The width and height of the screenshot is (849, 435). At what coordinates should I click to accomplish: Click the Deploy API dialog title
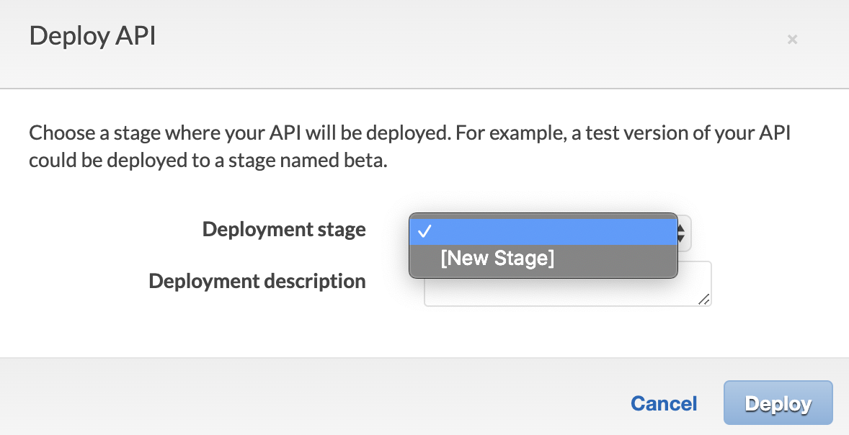tap(92, 36)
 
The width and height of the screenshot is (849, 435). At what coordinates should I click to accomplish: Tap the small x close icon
tap(792, 40)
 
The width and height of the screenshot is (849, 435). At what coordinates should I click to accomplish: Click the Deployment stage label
tap(284, 230)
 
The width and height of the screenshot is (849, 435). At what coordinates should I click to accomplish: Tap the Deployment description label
tap(257, 281)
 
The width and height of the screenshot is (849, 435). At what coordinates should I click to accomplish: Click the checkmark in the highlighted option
tap(424, 231)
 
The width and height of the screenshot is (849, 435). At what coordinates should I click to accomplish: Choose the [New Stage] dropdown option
tap(497, 259)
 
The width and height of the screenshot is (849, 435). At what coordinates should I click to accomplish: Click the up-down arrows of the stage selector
tap(681, 233)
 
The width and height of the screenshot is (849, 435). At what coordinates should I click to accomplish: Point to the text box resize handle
tap(704, 300)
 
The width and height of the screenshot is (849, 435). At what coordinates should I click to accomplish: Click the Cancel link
tap(664, 403)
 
